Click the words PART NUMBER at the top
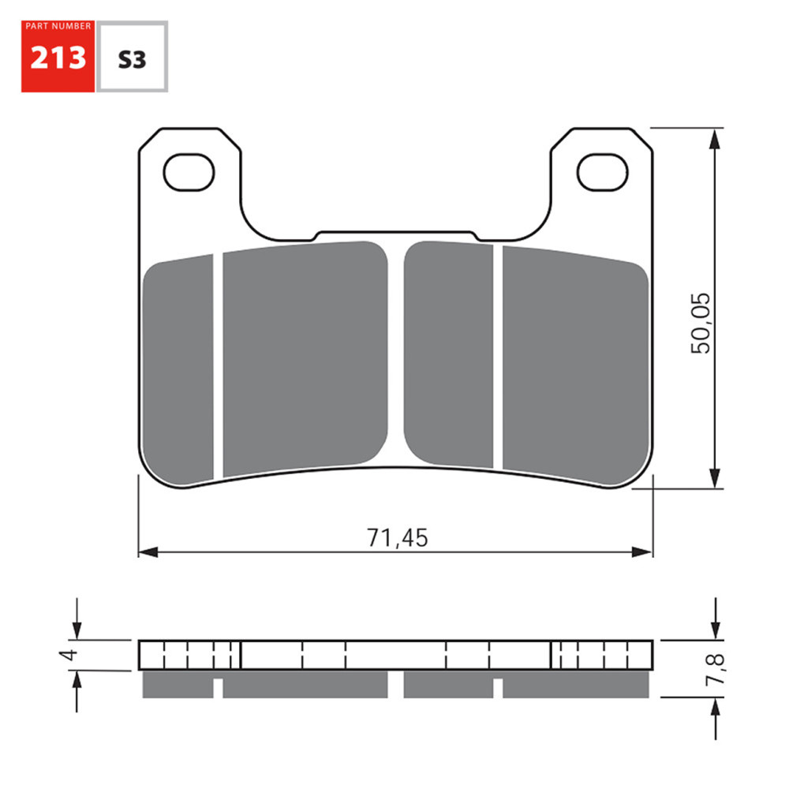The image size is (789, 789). [58, 26]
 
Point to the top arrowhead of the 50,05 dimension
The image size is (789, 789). [715, 139]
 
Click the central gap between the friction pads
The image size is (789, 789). [396, 355]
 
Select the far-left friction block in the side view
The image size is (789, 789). [178, 685]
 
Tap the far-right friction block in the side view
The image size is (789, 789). [578, 685]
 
